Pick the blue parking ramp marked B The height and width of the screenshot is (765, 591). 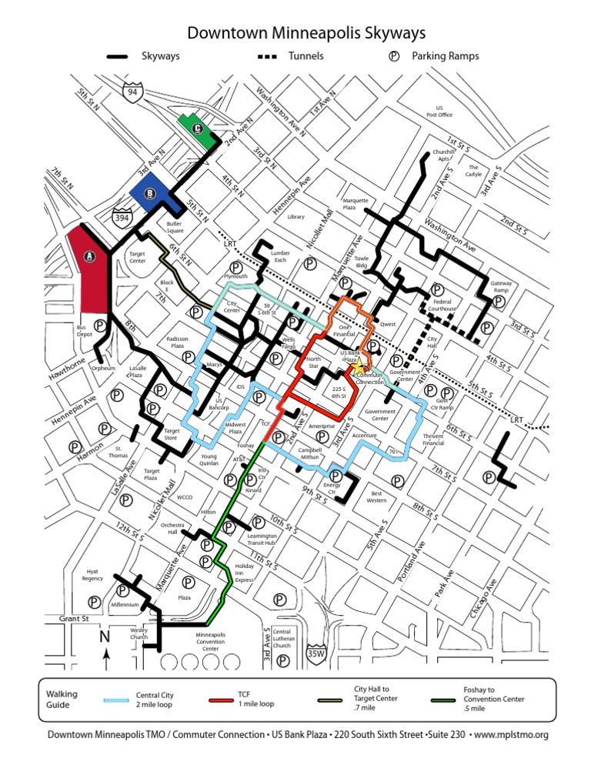click(x=149, y=193)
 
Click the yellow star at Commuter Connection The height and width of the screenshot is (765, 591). click(x=360, y=369)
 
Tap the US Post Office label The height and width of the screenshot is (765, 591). click(x=439, y=111)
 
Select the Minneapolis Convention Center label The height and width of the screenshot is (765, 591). click(x=210, y=642)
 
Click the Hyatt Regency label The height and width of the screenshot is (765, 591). click(x=92, y=576)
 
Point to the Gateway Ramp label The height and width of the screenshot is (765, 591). click(x=501, y=286)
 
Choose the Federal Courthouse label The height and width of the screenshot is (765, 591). click(x=442, y=305)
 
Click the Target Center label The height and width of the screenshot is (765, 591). click(x=137, y=257)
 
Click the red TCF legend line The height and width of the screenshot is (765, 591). click(x=220, y=700)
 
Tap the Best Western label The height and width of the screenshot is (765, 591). click(x=376, y=496)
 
